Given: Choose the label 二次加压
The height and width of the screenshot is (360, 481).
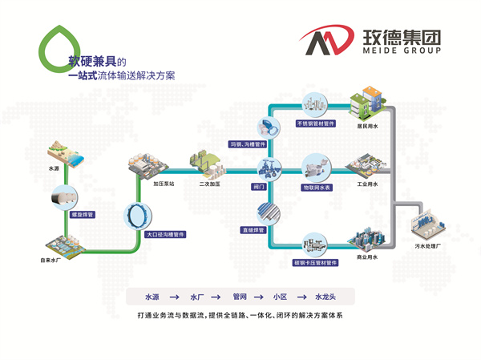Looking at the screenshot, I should click(209, 183).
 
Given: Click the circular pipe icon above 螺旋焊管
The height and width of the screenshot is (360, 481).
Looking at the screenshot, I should click(63, 195).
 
